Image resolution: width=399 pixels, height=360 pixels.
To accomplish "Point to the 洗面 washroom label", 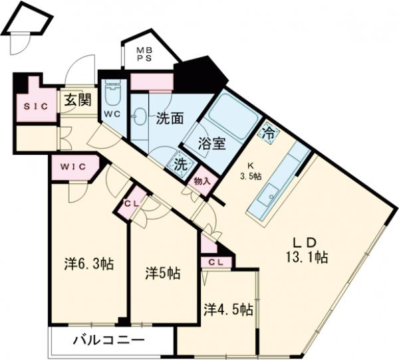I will click(170, 120).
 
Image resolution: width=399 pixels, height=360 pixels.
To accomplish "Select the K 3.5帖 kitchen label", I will click(250, 171).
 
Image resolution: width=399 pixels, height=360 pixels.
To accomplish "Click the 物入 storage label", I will click(202, 180).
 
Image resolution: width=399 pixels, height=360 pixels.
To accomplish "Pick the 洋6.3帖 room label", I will click(88, 264).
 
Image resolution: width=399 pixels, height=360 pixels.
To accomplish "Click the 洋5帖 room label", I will click(162, 272).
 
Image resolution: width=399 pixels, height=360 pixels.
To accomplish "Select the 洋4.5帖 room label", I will click(228, 309).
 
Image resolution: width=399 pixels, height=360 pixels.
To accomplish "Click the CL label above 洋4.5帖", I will click(216, 262).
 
